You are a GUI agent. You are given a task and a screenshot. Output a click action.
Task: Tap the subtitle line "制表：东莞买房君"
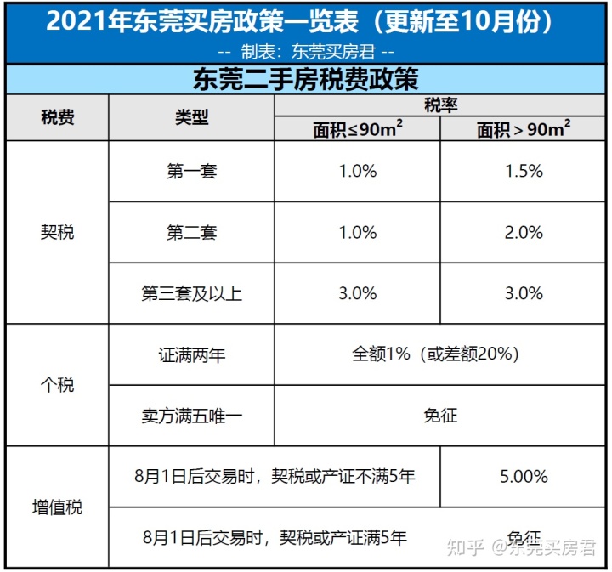point(306,50)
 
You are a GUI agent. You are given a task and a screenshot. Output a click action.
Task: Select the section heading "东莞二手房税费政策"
point(306,80)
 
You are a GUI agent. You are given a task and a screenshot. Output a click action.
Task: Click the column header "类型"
point(191,117)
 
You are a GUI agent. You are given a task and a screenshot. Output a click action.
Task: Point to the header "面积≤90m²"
point(357,129)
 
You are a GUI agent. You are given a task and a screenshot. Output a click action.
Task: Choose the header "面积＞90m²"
point(524,129)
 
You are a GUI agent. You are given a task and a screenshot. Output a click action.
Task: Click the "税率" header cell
point(440,105)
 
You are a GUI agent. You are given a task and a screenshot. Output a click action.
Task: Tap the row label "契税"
point(57,231)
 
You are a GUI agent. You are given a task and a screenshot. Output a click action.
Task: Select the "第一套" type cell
point(191,171)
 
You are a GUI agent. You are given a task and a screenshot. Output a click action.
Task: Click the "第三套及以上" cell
point(191,293)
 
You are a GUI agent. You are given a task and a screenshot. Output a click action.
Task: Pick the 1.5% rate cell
point(524,171)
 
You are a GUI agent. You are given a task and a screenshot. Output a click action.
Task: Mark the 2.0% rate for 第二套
point(524,232)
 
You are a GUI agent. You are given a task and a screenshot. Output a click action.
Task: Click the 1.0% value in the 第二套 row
point(357,232)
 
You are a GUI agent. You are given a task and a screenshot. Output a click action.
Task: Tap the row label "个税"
point(57,385)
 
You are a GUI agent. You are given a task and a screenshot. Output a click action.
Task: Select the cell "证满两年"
point(191,354)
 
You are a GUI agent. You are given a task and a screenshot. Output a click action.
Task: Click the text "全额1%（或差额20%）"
point(440,354)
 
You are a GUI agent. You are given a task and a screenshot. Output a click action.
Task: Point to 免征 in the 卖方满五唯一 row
point(440,416)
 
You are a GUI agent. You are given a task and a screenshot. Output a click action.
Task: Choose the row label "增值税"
point(57,507)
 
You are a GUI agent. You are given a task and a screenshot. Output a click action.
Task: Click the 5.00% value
point(524,476)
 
